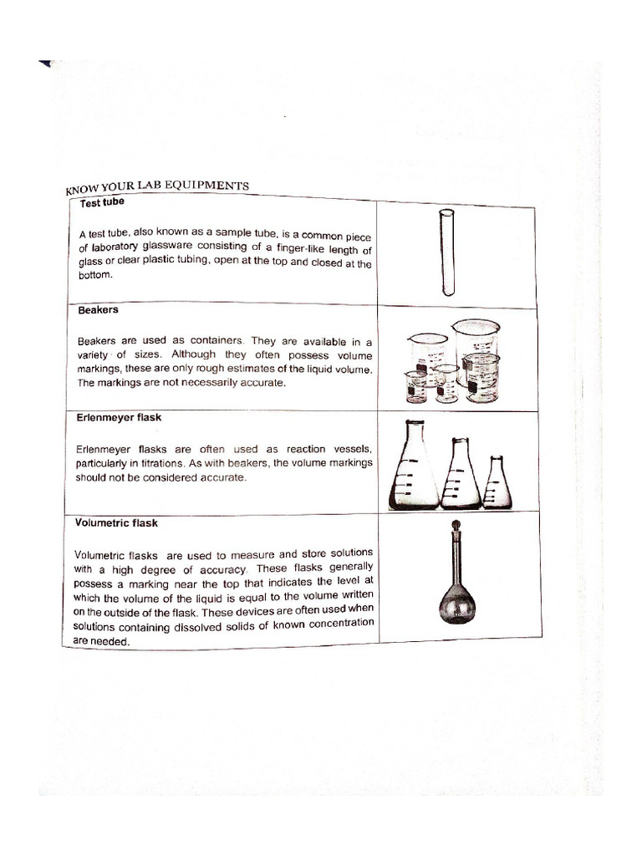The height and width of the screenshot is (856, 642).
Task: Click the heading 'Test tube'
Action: pyautogui.click(x=102, y=202)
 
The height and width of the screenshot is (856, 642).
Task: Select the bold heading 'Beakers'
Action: pyautogui.click(x=97, y=310)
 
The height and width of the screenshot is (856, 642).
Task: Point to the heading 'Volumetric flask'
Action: pyautogui.click(x=116, y=523)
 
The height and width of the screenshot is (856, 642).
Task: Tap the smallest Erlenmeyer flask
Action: pyautogui.click(x=498, y=485)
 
